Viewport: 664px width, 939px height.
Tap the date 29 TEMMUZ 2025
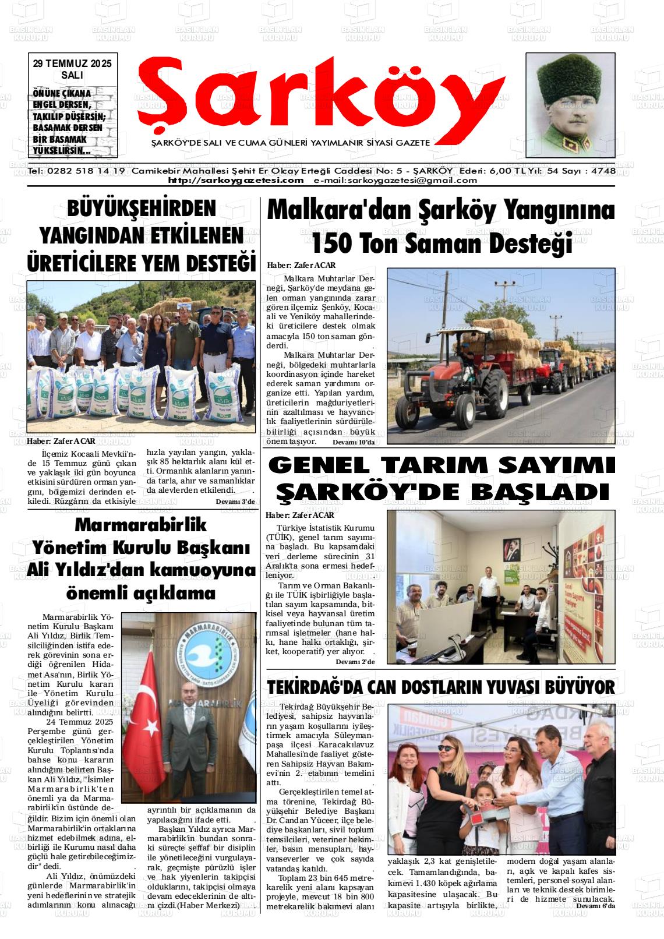click(72, 63)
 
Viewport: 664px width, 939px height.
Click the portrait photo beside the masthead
click(570, 105)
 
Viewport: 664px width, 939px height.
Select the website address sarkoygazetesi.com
click(235, 181)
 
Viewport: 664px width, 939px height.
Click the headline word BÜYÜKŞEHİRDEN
click(142, 209)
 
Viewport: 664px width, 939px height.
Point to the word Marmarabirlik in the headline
click(142, 525)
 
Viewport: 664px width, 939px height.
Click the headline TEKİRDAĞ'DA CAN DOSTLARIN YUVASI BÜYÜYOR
click(441, 687)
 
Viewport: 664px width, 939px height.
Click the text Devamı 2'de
click(355, 662)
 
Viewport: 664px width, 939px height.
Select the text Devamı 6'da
click(595, 906)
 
